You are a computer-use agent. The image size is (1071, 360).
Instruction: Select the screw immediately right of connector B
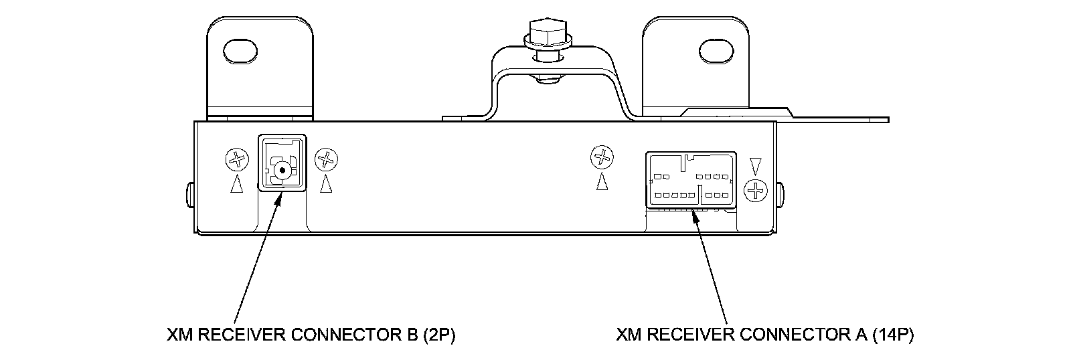(326, 160)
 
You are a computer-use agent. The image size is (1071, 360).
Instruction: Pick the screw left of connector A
(602, 158)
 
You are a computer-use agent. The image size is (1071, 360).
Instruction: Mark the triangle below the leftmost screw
(236, 184)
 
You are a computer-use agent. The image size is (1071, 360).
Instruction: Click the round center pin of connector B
(282, 169)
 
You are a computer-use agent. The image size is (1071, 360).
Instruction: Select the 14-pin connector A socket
(691, 180)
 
